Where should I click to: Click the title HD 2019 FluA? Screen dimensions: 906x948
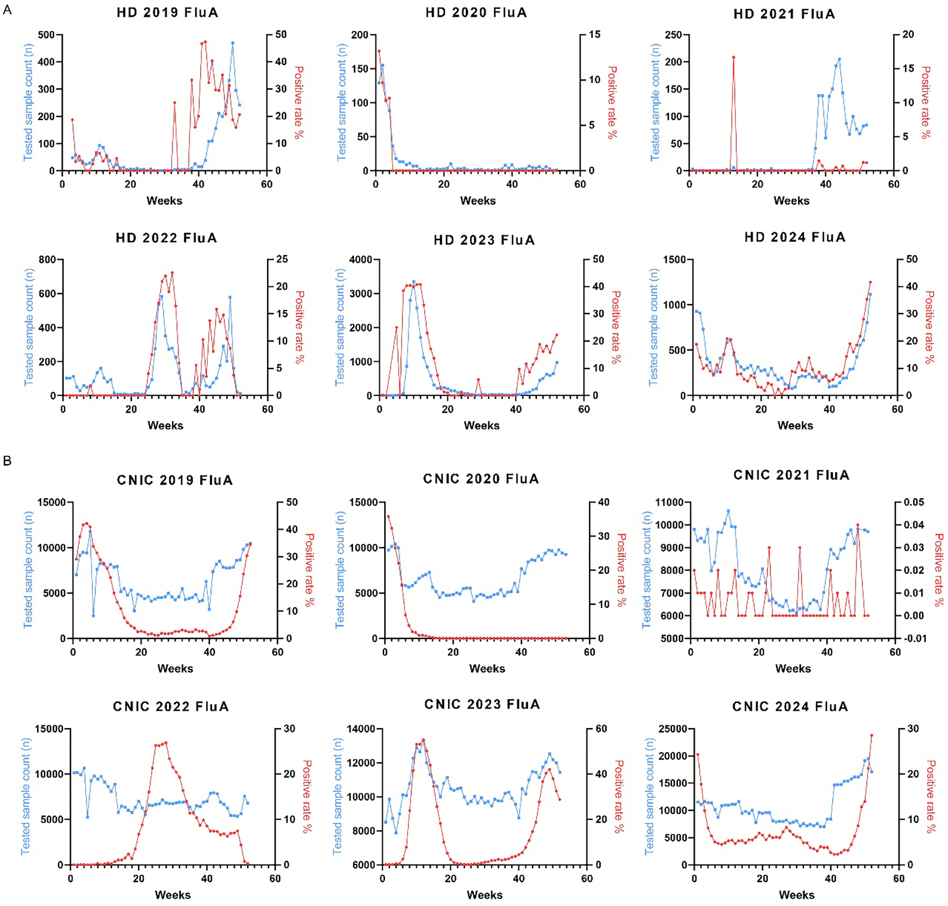point(167,13)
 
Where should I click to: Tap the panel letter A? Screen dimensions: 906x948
point(7,9)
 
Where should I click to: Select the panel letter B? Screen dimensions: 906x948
point(7,460)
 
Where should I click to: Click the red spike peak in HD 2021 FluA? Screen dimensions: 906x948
point(733,57)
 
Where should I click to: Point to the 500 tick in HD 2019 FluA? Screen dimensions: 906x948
point(46,35)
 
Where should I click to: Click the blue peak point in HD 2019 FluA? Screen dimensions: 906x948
point(233,43)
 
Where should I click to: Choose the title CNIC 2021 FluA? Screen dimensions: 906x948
point(791,475)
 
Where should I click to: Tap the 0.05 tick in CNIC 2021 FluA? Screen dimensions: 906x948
point(913,502)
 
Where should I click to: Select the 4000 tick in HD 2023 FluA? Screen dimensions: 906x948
point(360,260)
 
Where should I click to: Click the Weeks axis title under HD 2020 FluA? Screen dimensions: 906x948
point(478,201)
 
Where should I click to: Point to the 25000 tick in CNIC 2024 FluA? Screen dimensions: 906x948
point(672,729)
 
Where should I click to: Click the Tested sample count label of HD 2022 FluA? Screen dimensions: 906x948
point(29,327)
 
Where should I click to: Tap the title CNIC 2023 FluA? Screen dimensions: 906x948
point(482,705)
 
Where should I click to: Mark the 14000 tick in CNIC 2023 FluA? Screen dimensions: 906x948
point(360,729)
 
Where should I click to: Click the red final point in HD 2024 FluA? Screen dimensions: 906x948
point(870,282)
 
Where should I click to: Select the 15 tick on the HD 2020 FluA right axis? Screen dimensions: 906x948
point(594,35)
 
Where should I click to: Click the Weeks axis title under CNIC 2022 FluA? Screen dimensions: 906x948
point(172,895)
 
